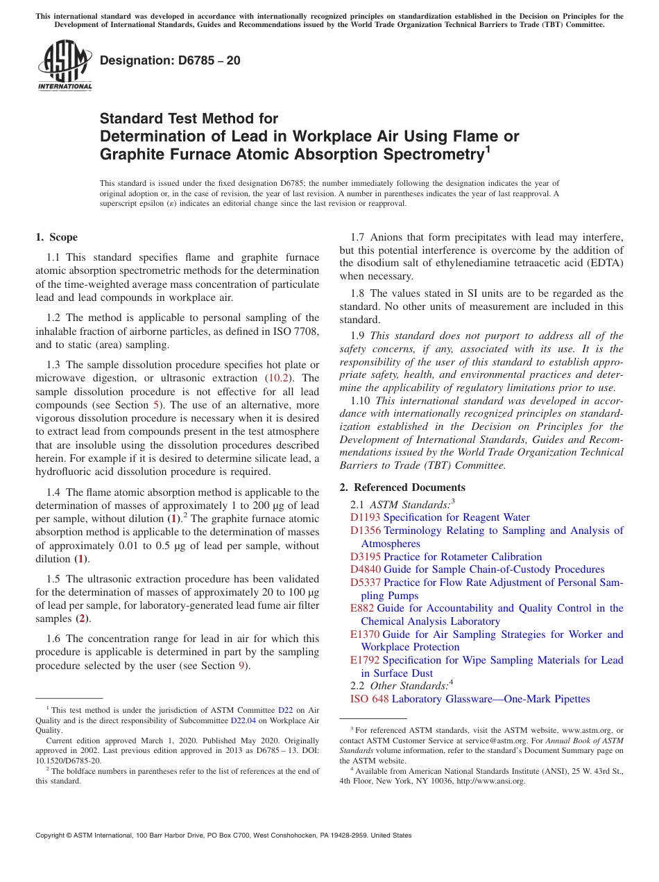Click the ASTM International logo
(65, 65)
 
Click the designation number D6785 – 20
(170, 60)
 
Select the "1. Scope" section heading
(56, 237)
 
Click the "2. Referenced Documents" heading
(402, 487)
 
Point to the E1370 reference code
(365, 634)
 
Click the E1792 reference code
(365, 660)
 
